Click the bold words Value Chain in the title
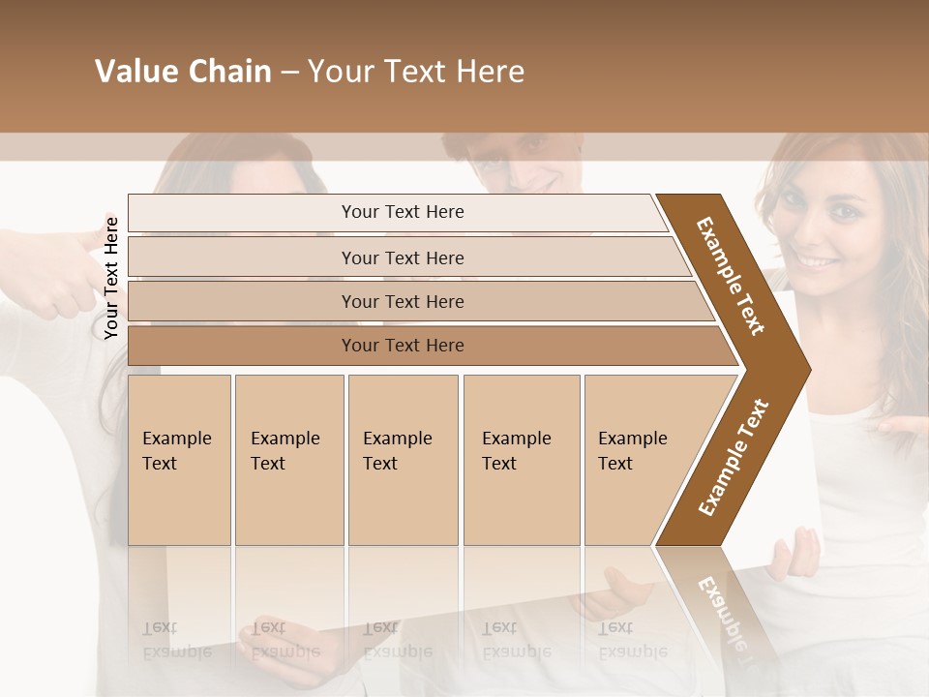(183, 72)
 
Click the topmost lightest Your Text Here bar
(402, 212)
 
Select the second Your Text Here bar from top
(402, 258)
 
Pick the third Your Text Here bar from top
(402, 301)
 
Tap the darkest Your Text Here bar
(402, 346)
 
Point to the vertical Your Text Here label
(111, 278)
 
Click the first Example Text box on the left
(179, 459)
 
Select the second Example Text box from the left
(288, 459)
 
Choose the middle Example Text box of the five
(403, 459)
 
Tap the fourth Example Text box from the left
(521, 459)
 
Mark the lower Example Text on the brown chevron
(733, 457)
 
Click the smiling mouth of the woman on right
(818, 260)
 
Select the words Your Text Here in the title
(416, 72)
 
